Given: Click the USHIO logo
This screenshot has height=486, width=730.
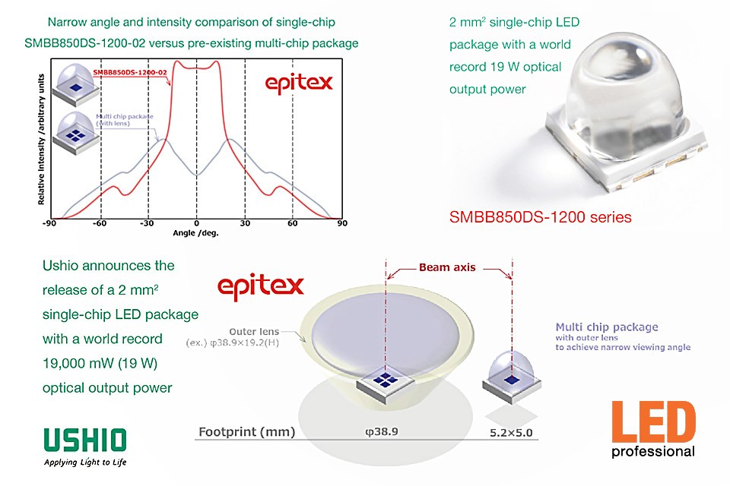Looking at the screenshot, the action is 85,447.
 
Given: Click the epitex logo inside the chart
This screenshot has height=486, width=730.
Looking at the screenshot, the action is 299,84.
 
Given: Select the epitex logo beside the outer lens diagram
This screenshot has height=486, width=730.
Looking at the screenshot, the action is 261,286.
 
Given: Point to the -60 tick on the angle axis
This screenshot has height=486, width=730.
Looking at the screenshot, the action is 99,223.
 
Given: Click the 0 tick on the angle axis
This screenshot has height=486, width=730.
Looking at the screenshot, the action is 196,223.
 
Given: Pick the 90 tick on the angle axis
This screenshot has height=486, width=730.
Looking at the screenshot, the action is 342,223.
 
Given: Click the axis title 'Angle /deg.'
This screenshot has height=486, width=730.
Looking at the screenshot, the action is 195,233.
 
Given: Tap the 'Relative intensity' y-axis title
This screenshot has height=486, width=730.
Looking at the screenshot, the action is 41,139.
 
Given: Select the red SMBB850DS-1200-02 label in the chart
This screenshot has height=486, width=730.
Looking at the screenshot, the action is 130,72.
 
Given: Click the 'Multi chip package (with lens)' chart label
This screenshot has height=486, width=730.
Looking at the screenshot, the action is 124,119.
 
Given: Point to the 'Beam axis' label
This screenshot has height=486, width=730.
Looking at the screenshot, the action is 447,267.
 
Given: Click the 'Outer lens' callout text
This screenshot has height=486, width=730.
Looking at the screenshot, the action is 254,332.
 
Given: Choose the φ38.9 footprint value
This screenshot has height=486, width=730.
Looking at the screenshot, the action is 382,431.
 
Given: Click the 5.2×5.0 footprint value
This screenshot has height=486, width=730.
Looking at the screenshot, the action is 511,433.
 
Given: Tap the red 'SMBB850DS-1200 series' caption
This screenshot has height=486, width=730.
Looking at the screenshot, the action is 540,217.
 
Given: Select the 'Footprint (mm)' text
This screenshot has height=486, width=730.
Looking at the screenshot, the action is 246,432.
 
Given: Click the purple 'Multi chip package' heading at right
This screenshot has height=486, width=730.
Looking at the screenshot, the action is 607,327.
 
